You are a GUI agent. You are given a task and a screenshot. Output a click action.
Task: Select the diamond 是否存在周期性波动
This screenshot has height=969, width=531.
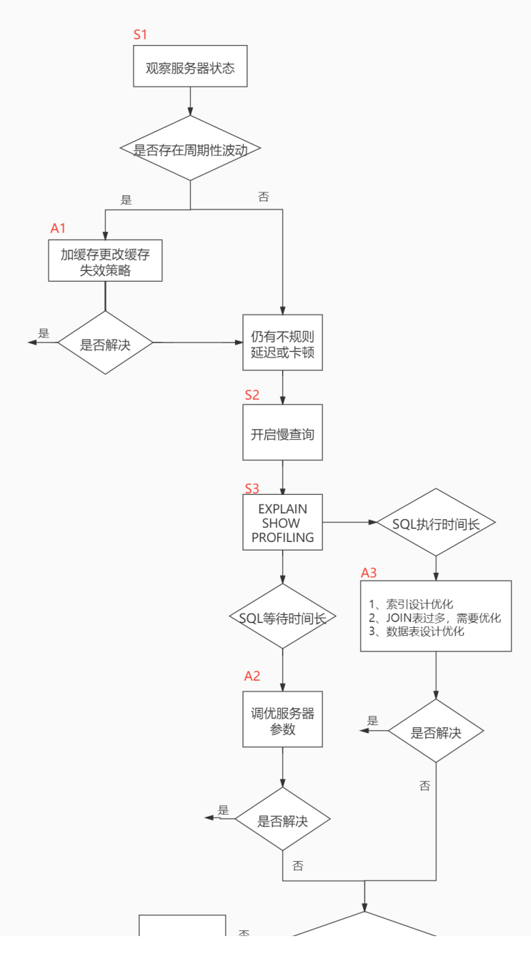point(190,149)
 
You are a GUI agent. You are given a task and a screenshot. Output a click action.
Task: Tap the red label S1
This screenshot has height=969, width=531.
point(141,34)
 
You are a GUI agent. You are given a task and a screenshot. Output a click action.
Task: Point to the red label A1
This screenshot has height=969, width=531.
point(58,228)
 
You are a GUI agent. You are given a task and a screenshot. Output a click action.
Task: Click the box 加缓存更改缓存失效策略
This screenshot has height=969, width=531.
point(105,260)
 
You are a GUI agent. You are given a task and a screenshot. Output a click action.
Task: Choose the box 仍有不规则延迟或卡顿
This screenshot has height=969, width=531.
point(282,342)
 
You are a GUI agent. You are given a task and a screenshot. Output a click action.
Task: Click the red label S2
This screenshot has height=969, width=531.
point(252,395)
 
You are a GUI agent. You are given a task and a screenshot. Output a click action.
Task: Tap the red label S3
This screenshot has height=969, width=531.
point(252,488)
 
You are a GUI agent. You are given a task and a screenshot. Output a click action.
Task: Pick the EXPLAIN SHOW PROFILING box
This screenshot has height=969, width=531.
point(282,523)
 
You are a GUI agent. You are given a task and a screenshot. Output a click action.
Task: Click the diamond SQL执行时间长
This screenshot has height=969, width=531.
point(435,523)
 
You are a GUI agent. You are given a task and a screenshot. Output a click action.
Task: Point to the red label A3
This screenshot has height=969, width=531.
point(369,572)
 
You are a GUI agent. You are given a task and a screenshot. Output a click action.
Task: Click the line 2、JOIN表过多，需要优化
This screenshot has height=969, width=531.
point(435,618)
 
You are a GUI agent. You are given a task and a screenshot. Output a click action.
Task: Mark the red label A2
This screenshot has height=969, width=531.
point(252,676)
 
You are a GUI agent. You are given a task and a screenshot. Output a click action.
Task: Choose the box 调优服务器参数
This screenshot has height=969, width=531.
point(282,722)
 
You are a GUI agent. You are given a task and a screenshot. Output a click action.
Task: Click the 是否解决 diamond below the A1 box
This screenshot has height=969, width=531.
point(105,343)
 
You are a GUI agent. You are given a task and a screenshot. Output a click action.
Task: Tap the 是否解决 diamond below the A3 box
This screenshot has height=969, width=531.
point(435,732)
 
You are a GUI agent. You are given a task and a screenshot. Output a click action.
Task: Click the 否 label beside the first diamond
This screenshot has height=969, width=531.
point(264,196)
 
